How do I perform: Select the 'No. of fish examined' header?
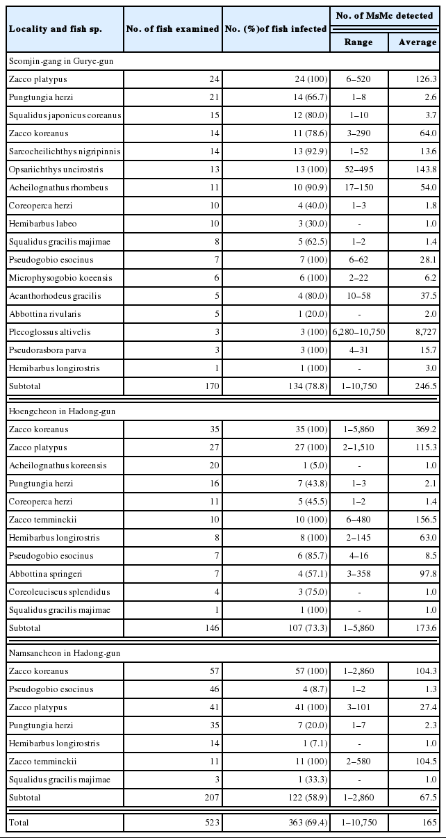(x=172, y=28)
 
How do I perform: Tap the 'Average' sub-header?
(x=418, y=42)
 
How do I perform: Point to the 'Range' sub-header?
(x=358, y=42)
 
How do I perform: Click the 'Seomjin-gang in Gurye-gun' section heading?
(x=61, y=61)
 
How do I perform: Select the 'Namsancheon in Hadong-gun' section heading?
(x=63, y=653)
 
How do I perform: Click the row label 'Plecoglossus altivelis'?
(x=49, y=332)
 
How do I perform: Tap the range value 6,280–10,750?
(x=358, y=332)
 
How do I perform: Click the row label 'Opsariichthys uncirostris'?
(x=55, y=170)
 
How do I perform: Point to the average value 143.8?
(x=424, y=170)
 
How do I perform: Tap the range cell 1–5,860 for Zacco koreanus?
(x=358, y=429)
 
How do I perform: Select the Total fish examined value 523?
(x=210, y=823)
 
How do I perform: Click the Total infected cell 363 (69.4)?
(x=303, y=823)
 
